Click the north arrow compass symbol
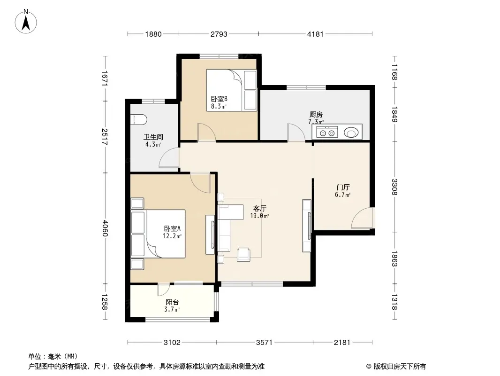click(x=26, y=22)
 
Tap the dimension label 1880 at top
click(x=153, y=34)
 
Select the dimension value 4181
click(x=315, y=34)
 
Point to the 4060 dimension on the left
click(x=105, y=228)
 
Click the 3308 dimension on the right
click(x=394, y=187)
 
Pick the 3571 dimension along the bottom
click(x=264, y=343)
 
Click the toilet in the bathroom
click(x=139, y=120)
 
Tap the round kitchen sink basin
click(x=351, y=132)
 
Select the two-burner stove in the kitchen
click(x=327, y=132)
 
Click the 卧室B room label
click(x=219, y=99)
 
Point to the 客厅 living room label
click(x=259, y=209)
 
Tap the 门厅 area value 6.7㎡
click(x=343, y=195)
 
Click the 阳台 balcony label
click(x=172, y=302)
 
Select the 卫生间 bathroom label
click(x=153, y=137)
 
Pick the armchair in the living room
click(x=243, y=255)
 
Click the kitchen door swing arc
click(x=296, y=132)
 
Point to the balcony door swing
click(x=164, y=290)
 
